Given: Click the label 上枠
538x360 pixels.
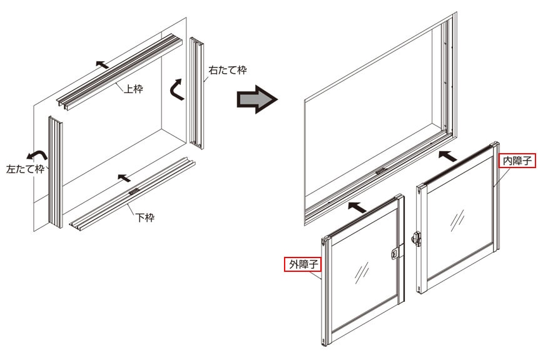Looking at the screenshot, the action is pyautogui.click(x=133, y=89).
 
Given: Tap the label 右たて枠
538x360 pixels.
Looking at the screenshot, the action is pyautogui.click(x=228, y=70).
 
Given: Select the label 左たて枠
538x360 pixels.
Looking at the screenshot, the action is pyautogui.click(x=26, y=169).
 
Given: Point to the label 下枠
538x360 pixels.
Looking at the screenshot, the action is pyautogui.click(x=145, y=217).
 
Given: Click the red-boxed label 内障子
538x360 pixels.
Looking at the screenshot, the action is pyautogui.click(x=517, y=161).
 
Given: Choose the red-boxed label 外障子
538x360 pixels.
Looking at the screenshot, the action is pyautogui.click(x=303, y=264).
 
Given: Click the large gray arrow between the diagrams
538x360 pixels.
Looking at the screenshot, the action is pyautogui.click(x=257, y=100).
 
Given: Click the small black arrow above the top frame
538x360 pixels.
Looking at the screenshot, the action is pyautogui.click(x=102, y=64).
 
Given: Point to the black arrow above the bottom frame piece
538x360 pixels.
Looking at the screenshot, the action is pyautogui.click(x=124, y=177).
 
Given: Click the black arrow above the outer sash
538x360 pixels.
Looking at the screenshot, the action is pyautogui.click(x=357, y=207).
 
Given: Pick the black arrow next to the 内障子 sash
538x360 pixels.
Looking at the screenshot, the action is pyautogui.click(x=448, y=156).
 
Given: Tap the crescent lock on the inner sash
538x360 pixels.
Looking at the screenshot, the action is pyautogui.click(x=416, y=237).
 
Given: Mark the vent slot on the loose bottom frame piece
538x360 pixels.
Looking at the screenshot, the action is pyautogui.click(x=134, y=191).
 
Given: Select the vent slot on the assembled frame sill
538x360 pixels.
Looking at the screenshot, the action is pyautogui.click(x=381, y=171).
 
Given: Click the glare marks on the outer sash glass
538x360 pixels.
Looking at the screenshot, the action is pyautogui.click(x=362, y=272).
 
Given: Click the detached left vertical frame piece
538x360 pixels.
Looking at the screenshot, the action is pyautogui.click(x=55, y=171).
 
